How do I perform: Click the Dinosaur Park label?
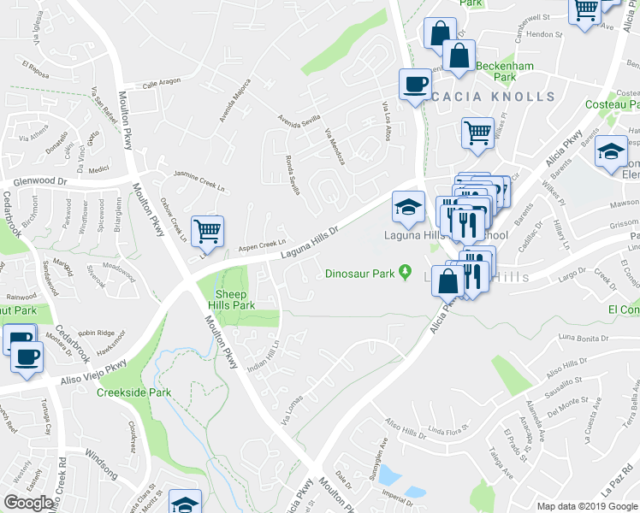point(364,274)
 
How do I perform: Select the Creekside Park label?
point(157,392)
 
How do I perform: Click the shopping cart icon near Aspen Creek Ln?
point(207,230)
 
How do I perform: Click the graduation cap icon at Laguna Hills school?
point(408,205)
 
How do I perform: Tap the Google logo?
point(29,503)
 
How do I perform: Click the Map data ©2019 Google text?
point(587,506)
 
